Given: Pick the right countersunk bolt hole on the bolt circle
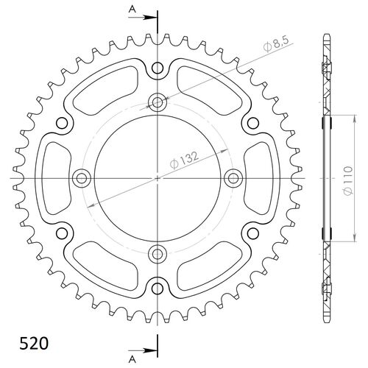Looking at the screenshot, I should click(x=234, y=177).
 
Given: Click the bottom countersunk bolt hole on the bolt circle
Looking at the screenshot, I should click(x=158, y=254).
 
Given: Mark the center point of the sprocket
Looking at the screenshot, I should click(x=158, y=177).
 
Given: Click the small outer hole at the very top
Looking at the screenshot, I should click(x=158, y=69).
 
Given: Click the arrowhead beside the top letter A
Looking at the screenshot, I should click(x=152, y=14).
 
